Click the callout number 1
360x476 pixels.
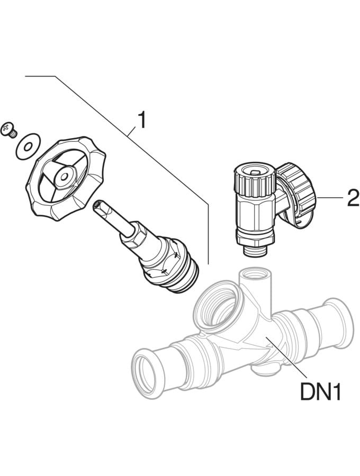point(141,120)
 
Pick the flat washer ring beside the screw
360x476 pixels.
point(28,147)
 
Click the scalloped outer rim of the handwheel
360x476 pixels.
point(66,179)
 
